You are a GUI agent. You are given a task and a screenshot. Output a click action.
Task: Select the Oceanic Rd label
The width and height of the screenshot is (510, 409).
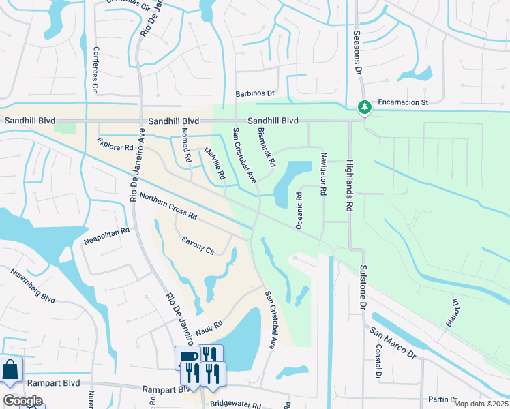(x=299, y=210)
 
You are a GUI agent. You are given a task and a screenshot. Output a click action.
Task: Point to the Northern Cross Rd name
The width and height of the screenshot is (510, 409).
(x=168, y=207)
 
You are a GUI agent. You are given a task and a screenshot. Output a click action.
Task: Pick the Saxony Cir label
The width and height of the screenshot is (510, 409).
(x=198, y=245)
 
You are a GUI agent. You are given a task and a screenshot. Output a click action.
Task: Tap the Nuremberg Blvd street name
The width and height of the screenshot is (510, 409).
(x=33, y=286)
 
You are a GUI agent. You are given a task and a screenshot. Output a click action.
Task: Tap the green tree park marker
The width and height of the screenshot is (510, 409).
(x=365, y=107)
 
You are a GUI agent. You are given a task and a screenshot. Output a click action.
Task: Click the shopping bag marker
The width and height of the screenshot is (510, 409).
(x=12, y=371)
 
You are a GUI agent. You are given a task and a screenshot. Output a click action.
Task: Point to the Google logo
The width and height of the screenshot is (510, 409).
(x=22, y=401)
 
